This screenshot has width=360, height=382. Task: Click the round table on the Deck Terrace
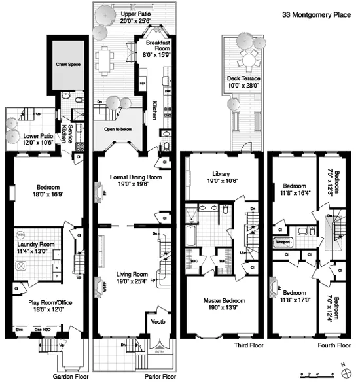248,60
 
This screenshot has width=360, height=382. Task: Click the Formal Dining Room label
128,177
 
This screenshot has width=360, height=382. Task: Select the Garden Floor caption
69,376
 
